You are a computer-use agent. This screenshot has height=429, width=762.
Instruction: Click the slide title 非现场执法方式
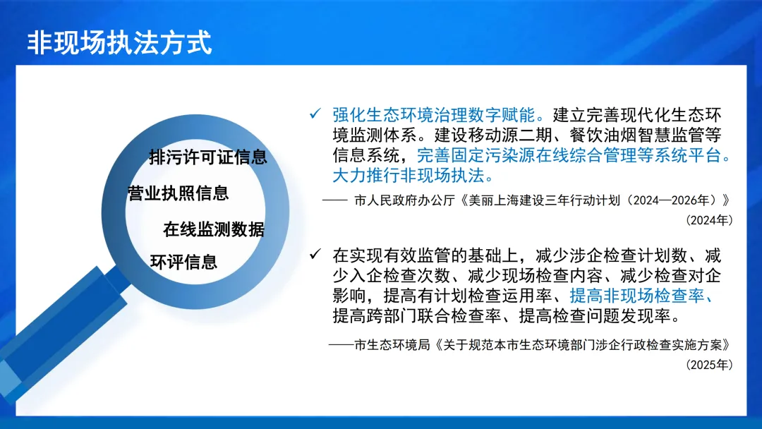119,42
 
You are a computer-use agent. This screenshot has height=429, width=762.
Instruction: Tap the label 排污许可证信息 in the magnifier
208,157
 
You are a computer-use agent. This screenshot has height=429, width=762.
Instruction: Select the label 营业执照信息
178,193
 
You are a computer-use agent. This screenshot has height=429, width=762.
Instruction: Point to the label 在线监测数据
214,229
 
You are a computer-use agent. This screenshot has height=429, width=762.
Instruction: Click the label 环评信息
183,262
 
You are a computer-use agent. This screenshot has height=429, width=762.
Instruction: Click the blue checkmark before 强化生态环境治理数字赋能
315,114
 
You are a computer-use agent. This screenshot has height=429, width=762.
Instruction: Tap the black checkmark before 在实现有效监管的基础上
315,253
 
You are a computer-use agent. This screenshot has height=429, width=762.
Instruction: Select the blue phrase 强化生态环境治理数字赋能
433,115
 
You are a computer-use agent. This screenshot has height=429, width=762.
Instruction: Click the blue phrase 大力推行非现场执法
409,176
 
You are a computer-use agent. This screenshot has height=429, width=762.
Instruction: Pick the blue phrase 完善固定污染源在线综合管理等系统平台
569,155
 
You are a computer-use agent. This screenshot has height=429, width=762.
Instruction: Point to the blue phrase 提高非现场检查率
636,295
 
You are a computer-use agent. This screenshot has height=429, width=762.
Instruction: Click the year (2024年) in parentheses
709,220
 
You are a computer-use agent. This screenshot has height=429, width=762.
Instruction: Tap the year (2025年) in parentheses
709,364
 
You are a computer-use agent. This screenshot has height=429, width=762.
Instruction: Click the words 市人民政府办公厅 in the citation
405,200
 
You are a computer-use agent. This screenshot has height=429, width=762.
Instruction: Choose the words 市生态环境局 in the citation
392,344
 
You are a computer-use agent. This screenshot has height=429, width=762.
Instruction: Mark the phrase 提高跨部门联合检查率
417,315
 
